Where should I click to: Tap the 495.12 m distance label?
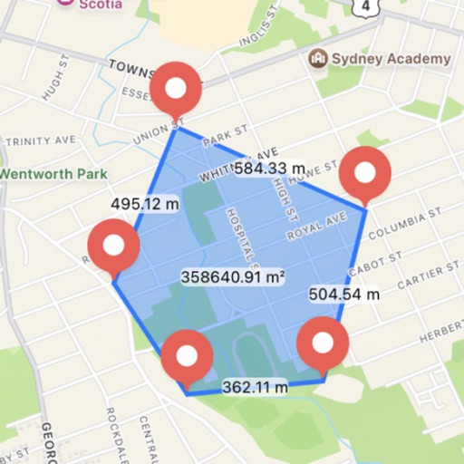[145, 204]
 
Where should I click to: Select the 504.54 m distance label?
[344, 294]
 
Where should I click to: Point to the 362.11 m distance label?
[256, 387]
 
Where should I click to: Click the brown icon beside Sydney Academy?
[318, 59]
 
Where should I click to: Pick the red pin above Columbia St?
[364, 172]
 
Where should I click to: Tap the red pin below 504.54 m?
[324, 343]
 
